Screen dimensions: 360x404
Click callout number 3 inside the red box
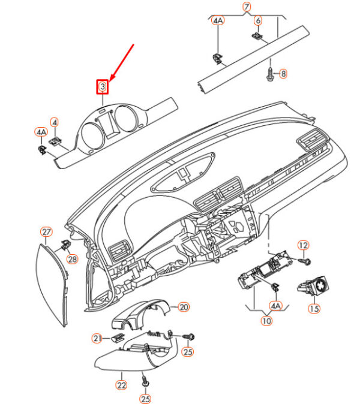tap(103, 86)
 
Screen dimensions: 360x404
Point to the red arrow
tap(122, 62)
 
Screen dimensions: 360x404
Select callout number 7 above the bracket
tap(247, 7)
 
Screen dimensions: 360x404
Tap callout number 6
tap(258, 20)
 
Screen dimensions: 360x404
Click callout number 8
tap(283, 74)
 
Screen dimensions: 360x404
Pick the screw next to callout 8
tap(270, 74)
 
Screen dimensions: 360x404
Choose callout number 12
tap(303, 245)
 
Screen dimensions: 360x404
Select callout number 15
tap(314, 309)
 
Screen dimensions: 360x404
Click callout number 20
tap(184, 307)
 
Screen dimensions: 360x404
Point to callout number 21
tap(97, 338)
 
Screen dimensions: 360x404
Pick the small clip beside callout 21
tap(118, 337)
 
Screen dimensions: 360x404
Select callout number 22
tap(121, 385)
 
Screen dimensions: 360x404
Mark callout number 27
tap(46, 232)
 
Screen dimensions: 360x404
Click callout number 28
tap(72, 259)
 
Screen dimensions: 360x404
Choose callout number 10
tap(266, 321)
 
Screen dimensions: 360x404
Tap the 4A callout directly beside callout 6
tap(218, 20)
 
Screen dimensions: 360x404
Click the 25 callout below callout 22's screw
tap(145, 399)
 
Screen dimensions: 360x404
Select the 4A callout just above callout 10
tap(275, 306)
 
